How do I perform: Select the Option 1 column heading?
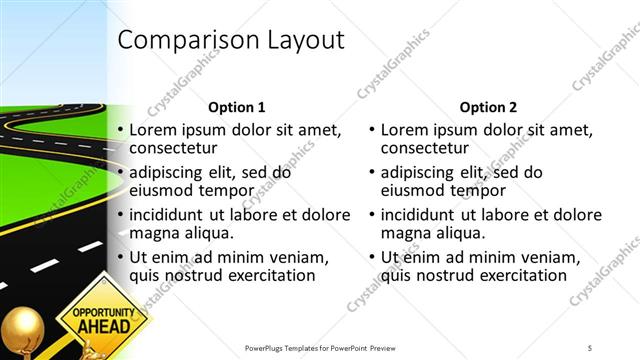236,107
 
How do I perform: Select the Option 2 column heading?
489,107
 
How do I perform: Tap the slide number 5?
590,347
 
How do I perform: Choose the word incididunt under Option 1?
171,214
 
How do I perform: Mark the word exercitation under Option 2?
518,276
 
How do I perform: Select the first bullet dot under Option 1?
121,131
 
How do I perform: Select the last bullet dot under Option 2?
373,258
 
